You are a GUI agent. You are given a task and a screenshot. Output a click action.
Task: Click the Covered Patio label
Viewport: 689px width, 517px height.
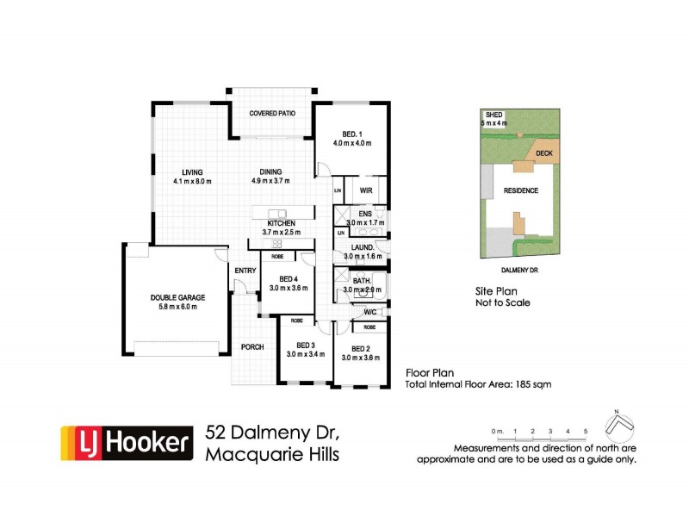(271, 113)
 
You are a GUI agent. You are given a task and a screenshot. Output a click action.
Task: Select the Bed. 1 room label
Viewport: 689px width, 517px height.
(351, 134)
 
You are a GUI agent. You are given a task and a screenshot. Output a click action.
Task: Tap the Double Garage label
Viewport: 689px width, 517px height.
(177, 297)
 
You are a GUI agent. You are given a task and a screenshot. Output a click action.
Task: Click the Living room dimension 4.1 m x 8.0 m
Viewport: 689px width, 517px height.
(192, 182)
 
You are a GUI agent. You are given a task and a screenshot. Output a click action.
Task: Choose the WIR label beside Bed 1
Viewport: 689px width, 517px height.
(365, 190)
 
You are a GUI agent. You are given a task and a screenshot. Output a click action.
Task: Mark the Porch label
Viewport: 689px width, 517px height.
(251, 347)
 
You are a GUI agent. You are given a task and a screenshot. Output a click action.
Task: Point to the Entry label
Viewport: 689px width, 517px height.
(245, 271)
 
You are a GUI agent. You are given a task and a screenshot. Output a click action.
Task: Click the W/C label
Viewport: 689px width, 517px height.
(371, 312)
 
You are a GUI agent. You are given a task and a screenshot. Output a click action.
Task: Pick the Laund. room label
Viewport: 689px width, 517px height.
(363, 247)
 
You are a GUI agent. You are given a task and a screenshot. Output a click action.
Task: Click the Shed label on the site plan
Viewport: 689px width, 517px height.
(494, 115)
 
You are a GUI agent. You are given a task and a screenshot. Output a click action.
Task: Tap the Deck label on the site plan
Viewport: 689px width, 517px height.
(543, 153)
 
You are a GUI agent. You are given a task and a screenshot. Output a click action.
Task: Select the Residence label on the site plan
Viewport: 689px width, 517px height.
(520, 190)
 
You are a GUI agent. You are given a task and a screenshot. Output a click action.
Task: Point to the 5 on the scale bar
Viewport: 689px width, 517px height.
(586, 429)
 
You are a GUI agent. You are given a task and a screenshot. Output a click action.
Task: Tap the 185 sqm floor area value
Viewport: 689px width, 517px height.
(532, 384)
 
